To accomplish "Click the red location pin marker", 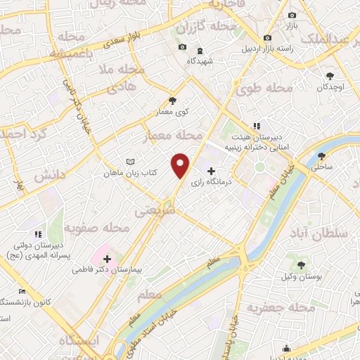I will pos(181,164).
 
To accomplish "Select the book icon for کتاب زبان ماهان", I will pos(129,162).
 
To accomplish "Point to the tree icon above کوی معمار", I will pos(173,101).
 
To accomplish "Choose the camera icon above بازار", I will pos(292,15).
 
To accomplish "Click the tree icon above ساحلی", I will pos(322,156).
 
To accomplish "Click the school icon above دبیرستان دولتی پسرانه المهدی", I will pos(38,233).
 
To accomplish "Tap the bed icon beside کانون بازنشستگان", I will pos(22,291).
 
